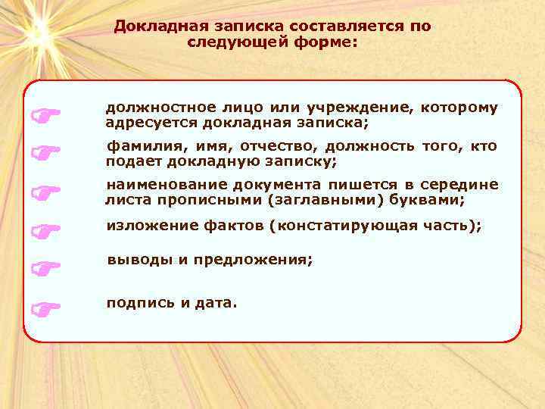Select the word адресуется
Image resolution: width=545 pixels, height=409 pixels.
point(145,122)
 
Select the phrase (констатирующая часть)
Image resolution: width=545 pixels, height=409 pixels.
point(379,226)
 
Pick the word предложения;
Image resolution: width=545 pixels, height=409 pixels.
point(253,259)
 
